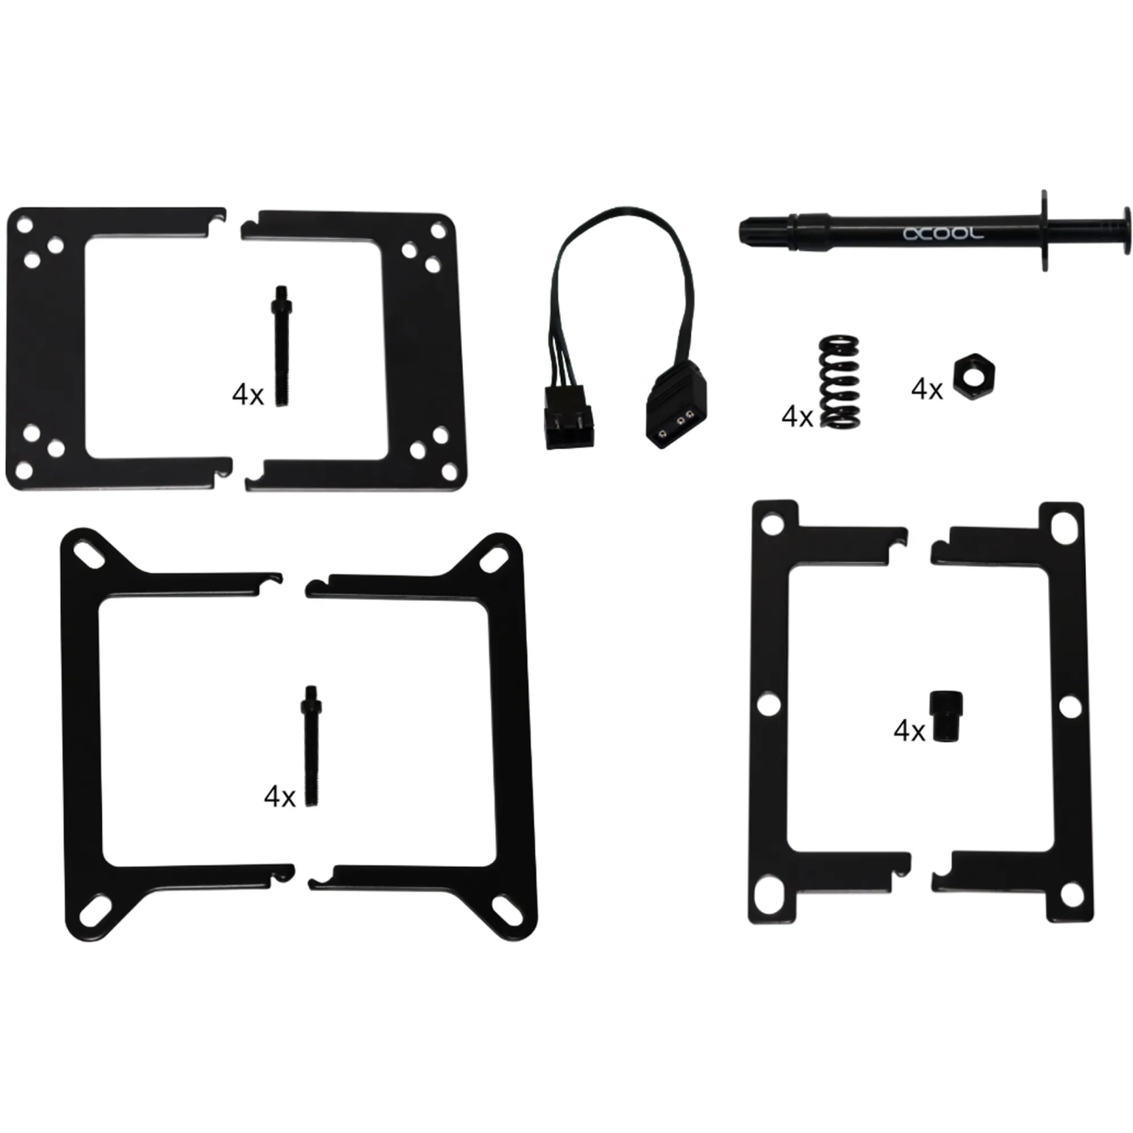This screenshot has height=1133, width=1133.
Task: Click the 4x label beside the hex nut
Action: pos(927,389)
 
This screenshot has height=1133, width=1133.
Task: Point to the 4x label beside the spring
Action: pos(796,417)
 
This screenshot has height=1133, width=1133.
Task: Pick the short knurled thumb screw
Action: pos(946,716)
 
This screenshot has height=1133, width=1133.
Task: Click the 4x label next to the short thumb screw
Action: pos(909,731)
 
